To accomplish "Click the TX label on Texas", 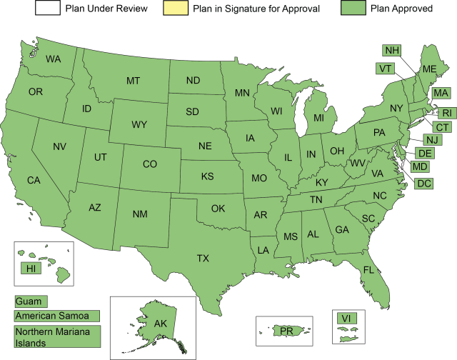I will [203, 259].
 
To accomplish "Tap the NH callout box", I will [391, 51].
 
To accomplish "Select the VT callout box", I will [386, 69].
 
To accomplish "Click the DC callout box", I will [423, 184].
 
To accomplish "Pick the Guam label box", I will [31, 302].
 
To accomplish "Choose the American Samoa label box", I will [57, 316].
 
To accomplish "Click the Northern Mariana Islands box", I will [57, 337].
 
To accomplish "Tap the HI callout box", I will [31, 269].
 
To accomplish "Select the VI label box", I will [346, 319].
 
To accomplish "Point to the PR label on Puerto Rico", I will [286, 331].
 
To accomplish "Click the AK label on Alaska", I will [161, 324].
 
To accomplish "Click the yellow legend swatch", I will [176, 9].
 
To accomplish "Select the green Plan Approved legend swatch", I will [353, 9].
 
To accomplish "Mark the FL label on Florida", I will [368, 270].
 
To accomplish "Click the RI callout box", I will [446, 113].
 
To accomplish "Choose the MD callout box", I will [421, 167].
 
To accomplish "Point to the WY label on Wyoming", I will [139, 125].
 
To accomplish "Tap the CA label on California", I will [34, 180].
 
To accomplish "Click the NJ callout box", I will [432, 140].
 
